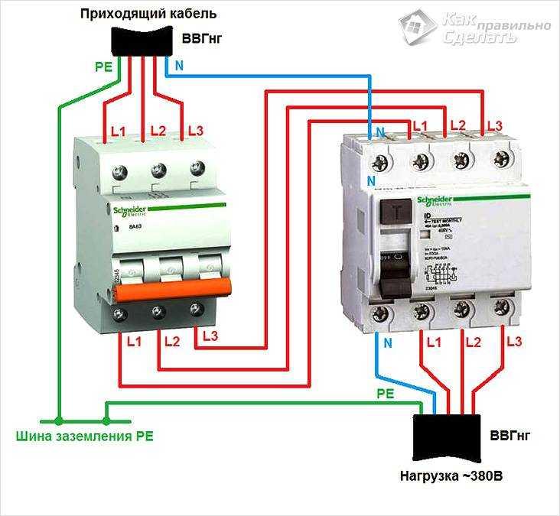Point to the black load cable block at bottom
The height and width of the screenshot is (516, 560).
[x=446, y=437]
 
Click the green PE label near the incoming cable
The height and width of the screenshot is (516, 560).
[x=103, y=67]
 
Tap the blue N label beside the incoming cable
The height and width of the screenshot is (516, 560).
[x=179, y=66]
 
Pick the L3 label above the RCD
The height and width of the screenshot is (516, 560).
[x=494, y=125]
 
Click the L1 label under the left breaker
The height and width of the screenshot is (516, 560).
[x=134, y=342]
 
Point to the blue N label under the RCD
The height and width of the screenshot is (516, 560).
[x=387, y=342]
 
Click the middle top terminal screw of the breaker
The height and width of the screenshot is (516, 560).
[x=158, y=169]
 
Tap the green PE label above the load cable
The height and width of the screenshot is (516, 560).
[x=385, y=394]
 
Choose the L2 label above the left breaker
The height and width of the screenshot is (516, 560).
[x=158, y=131]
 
